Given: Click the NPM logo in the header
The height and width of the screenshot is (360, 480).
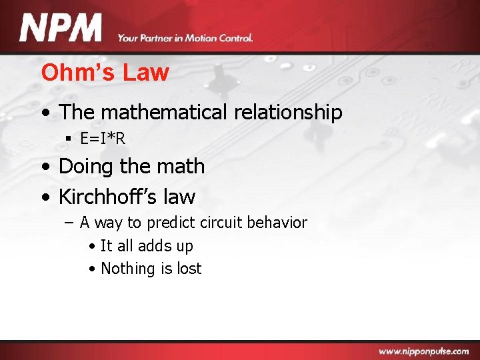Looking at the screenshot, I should click(61, 29).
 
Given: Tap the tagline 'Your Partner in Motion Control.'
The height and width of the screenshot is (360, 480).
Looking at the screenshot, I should click(185, 38).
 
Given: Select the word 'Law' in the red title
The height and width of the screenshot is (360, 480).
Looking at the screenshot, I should click(151, 73).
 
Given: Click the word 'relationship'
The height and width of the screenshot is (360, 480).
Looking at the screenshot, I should click(288, 112).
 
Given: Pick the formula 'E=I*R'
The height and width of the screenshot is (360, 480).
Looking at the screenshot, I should click(103, 139).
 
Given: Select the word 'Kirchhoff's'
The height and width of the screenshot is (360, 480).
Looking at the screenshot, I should click(108, 197).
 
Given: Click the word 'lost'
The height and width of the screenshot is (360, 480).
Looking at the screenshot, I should click(189, 269).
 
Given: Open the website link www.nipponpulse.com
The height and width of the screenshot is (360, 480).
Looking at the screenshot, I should click(423, 351).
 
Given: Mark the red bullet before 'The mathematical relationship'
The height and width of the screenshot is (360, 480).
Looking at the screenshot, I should click(44, 113).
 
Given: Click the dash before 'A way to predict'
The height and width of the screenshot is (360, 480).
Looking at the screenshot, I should click(69, 223).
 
